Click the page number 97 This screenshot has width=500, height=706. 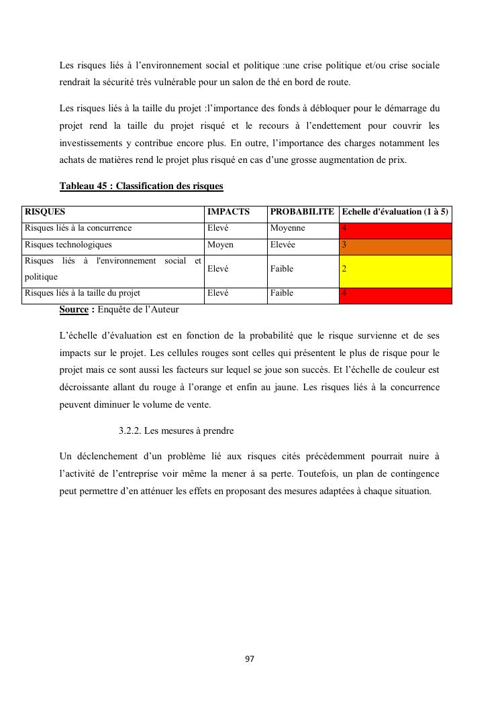point(250,659)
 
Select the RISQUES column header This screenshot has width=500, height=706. point(45,212)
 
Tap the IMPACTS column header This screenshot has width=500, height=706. point(228,212)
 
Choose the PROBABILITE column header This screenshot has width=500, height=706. point(302,212)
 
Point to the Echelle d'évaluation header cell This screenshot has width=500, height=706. point(395,212)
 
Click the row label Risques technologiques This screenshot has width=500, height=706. point(68,245)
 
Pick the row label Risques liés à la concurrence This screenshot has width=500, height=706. point(78,229)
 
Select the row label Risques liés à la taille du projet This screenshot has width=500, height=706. point(83,294)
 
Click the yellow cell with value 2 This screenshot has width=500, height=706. point(395,270)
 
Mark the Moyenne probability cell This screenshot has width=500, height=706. point(287,229)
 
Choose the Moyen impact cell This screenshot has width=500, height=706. point(220,245)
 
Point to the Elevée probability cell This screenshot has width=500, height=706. point(285,245)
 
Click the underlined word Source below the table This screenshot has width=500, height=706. point(74,310)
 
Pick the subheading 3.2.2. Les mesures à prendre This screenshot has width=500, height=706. point(176,430)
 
